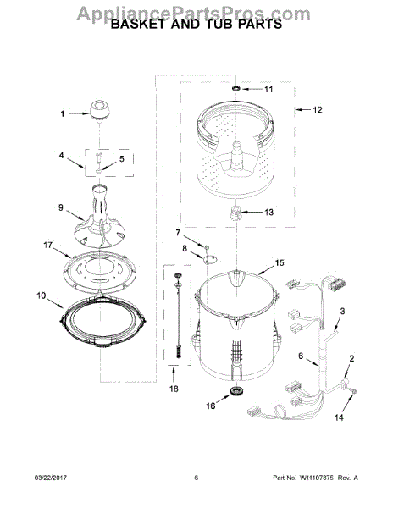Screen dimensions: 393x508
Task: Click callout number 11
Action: point(268,89)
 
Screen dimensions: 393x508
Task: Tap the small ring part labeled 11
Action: point(236,88)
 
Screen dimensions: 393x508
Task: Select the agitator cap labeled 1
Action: point(99,111)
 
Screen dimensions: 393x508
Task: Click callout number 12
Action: point(318,110)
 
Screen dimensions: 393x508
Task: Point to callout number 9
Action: point(61,207)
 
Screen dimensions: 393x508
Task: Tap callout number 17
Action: point(47,246)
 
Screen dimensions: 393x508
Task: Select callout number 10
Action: point(42,295)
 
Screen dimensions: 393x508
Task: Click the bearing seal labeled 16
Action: point(235,391)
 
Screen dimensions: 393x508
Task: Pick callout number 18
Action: point(174,389)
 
